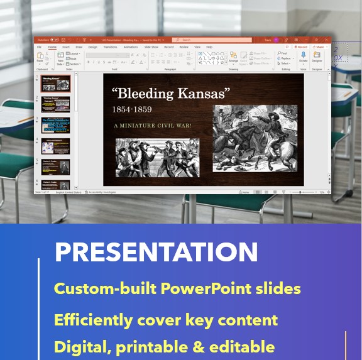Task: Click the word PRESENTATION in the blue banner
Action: click(x=156, y=252)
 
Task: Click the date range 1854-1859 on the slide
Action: click(x=131, y=110)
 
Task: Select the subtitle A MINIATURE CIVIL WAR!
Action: click(x=153, y=126)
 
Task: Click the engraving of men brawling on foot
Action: click(x=157, y=157)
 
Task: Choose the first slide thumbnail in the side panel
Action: click(x=56, y=84)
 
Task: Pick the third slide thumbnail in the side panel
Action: click(x=56, y=125)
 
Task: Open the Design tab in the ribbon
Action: click(x=92, y=47)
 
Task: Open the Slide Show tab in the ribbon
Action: click(x=151, y=47)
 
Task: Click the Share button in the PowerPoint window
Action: click(x=320, y=47)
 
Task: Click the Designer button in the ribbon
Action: click(x=317, y=58)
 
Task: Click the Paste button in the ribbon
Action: click(x=40, y=58)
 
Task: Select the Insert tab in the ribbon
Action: click(x=66, y=47)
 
